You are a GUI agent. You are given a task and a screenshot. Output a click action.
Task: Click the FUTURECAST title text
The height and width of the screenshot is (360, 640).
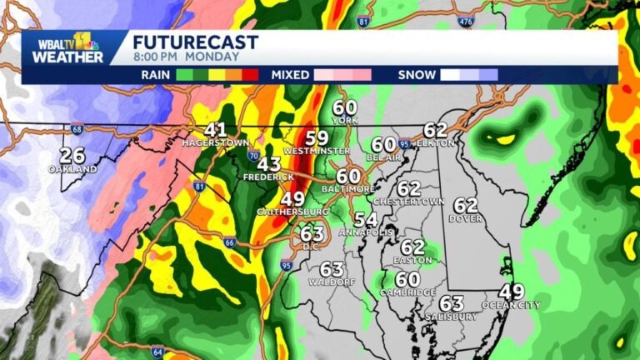(196, 42)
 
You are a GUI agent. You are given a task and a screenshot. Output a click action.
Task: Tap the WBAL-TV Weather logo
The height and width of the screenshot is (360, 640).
(67, 48)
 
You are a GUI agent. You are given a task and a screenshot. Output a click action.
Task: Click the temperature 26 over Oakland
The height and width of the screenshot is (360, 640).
(72, 156)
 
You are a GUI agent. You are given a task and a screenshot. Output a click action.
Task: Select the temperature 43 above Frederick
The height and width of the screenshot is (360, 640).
(269, 164)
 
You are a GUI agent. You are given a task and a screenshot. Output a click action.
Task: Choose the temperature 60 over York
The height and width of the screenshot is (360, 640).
(345, 107)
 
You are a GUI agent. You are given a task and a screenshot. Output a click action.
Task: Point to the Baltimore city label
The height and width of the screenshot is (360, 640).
(349, 189)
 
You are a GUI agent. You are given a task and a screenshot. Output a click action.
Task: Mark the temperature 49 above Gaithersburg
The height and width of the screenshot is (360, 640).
(292, 199)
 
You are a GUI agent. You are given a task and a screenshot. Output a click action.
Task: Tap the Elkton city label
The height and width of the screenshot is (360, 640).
(437, 142)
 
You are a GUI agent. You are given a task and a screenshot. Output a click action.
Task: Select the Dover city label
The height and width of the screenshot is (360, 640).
(466, 218)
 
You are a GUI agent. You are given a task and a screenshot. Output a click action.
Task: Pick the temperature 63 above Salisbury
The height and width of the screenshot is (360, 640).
(451, 303)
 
